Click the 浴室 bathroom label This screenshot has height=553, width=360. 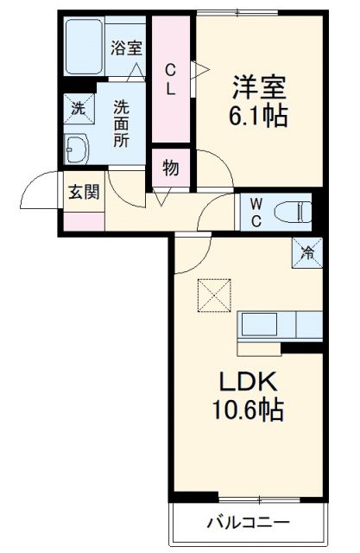click(x=127, y=48)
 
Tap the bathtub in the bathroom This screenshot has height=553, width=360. click(x=85, y=47)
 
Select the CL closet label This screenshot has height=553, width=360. click(x=172, y=78)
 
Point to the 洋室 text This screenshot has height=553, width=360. click(x=258, y=86)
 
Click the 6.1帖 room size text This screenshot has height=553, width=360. click(x=258, y=115)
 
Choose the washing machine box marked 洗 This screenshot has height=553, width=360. click(x=77, y=110)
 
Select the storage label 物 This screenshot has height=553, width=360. click(x=171, y=168)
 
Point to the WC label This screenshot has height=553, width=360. click(x=256, y=210)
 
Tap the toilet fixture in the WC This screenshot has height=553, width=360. click(x=289, y=209)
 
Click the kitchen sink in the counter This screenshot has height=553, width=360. click(x=259, y=326)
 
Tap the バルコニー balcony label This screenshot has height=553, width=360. click(x=248, y=522)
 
